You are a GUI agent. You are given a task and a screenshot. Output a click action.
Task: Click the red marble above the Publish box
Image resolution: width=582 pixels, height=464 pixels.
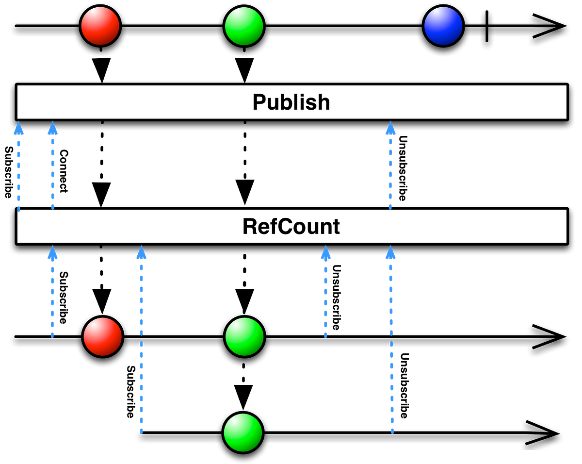[100, 26]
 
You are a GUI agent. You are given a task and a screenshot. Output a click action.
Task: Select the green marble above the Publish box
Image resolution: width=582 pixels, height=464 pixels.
[244, 26]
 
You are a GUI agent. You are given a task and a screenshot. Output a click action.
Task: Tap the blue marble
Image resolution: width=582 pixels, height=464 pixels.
[443, 26]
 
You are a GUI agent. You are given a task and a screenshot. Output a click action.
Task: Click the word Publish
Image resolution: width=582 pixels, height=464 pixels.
[291, 102]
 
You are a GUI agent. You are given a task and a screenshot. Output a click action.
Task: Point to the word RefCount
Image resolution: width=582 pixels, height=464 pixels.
[291, 227]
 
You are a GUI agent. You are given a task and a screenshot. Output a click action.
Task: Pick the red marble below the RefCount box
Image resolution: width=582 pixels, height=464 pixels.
[102, 337]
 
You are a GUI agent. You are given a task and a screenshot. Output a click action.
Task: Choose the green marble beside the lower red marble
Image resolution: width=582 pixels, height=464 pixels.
[244, 337]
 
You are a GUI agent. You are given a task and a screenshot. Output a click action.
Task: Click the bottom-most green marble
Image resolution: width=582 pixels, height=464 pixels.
[243, 432]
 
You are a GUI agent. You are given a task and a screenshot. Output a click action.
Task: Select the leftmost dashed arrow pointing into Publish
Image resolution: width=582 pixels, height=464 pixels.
[18, 165]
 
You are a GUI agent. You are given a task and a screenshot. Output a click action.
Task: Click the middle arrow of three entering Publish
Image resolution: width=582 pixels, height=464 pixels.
[52, 165]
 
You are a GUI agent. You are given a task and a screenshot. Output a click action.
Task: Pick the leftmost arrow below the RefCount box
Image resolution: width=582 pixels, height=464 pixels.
[52, 291]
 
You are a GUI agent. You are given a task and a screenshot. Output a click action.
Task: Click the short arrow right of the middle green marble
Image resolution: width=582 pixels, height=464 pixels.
[325, 291]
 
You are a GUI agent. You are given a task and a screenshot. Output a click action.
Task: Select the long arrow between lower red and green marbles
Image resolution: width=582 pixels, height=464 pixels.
[141, 340]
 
